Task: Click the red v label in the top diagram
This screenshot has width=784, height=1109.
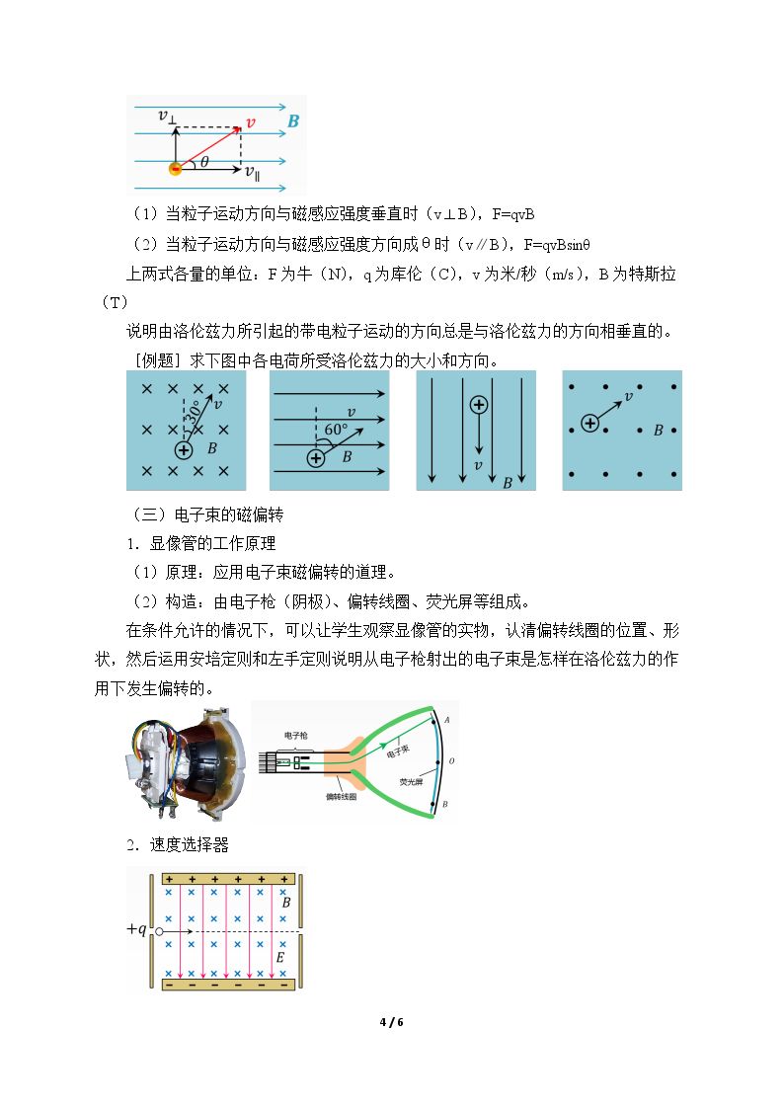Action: pyautogui.click(x=250, y=123)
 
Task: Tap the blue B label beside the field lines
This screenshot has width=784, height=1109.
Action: pyautogui.click(x=293, y=120)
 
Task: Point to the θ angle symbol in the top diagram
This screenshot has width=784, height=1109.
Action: pyautogui.click(x=204, y=162)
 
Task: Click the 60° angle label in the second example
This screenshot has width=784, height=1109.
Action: pyautogui.click(x=336, y=430)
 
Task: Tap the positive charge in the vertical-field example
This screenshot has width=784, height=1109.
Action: pyautogui.click(x=479, y=405)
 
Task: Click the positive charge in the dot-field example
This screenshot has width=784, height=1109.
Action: pyautogui.click(x=589, y=423)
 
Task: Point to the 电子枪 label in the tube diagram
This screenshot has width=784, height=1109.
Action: pyautogui.click(x=296, y=736)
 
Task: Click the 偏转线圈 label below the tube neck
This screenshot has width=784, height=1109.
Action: pyautogui.click(x=341, y=796)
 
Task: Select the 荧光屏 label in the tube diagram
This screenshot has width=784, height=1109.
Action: pyautogui.click(x=411, y=781)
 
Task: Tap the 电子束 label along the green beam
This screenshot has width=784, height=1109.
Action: pyautogui.click(x=397, y=752)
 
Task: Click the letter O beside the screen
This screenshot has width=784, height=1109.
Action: pyautogui.click(x=451, y=761)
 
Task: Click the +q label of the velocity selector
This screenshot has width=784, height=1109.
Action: pyautogui.click(x=136, y=929)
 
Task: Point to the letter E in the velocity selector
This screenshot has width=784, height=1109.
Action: pyautogui.click(x=280, y=958)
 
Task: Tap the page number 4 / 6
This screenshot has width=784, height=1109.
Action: pyautogui.click(x=392, y=1022)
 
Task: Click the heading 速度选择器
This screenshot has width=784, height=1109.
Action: pyautogui.click(x=190, y=844)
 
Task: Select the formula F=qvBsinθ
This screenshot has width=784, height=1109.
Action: pyautogui.click(x=557, y=245)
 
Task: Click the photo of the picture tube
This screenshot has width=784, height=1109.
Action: pyautogui.click(x=188, y=762)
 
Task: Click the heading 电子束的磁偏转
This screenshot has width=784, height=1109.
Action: pyautogui.click(x=229, y=515)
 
